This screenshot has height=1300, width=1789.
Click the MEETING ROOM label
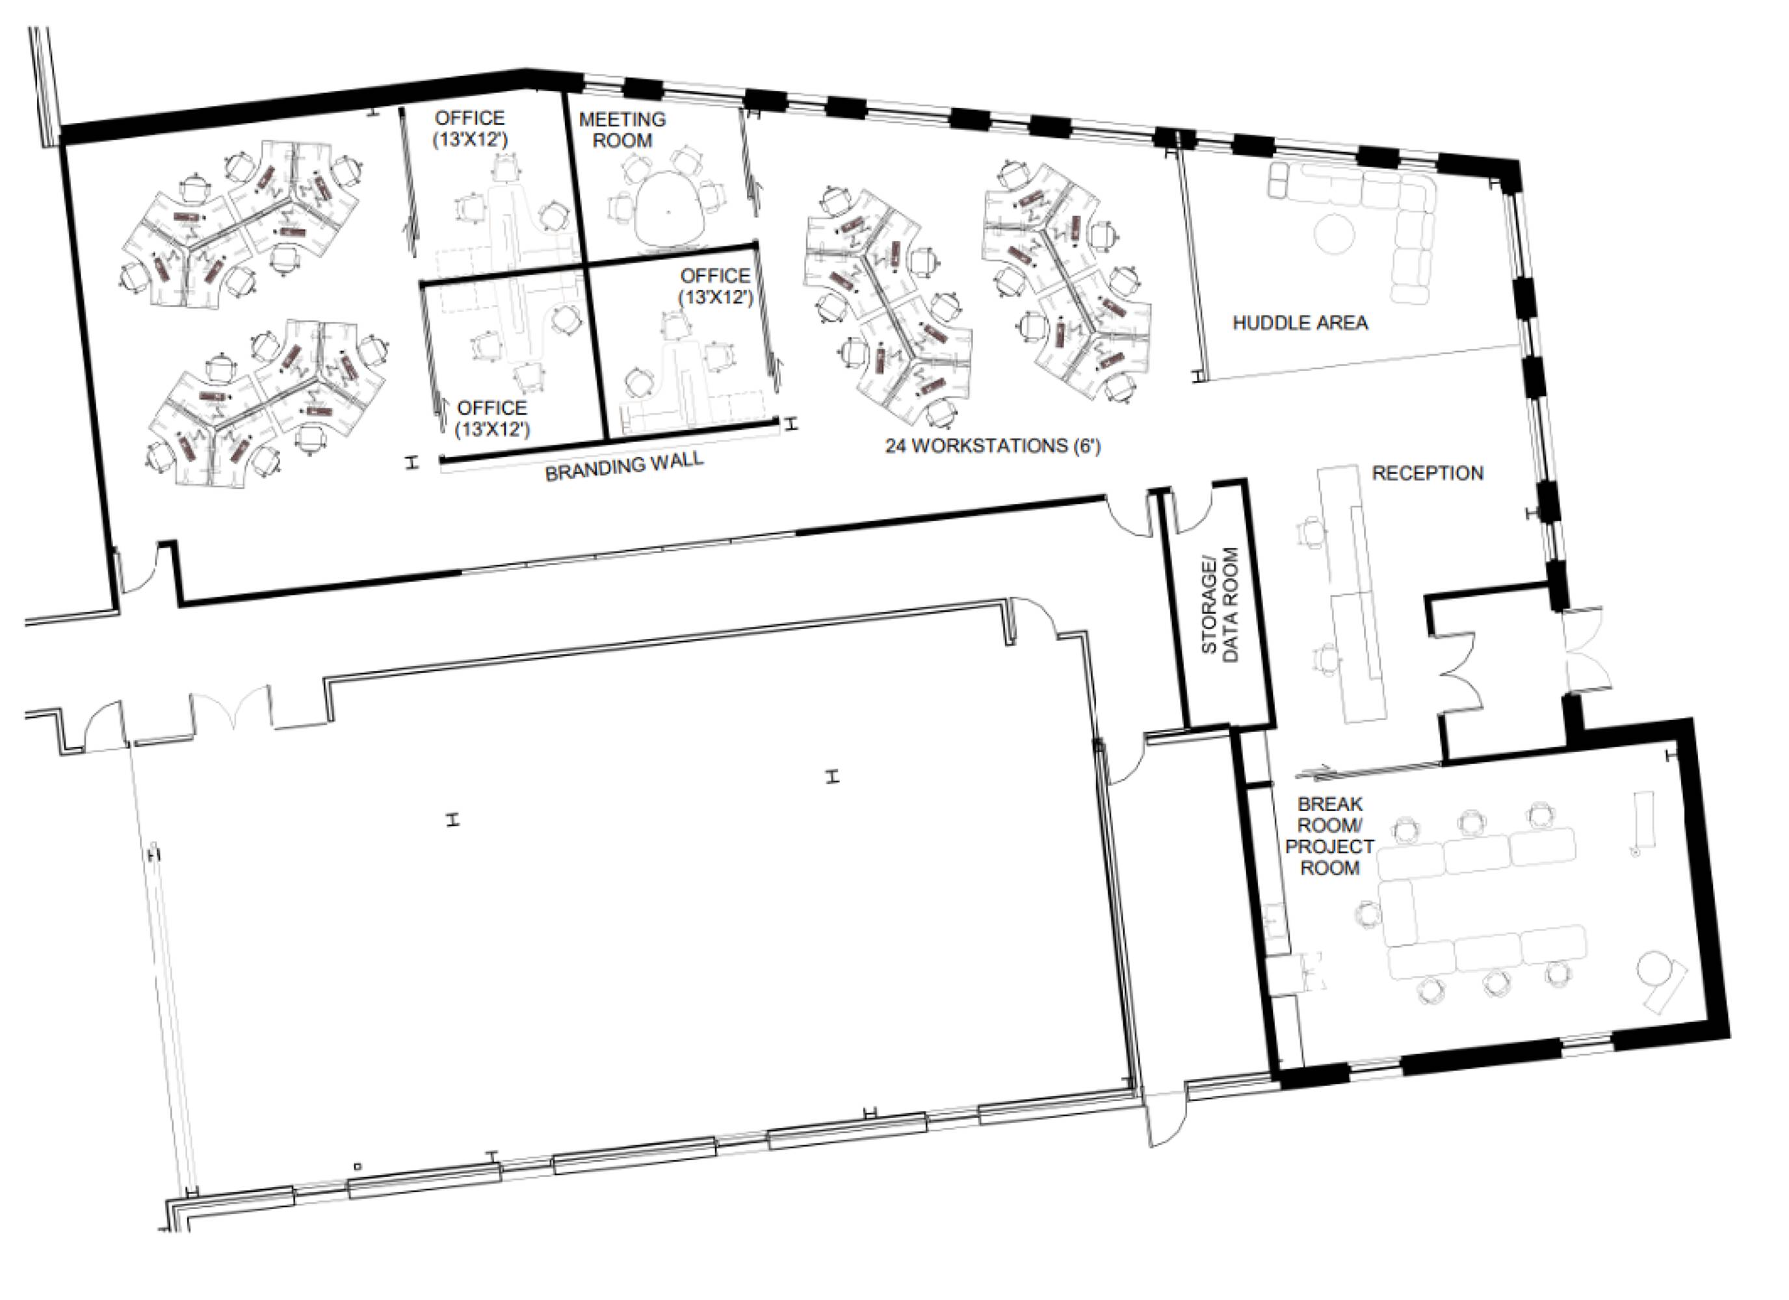coord(622,130)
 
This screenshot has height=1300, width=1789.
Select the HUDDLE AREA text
coord(1300,322)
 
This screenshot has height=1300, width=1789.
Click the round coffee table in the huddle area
coord(1334,233)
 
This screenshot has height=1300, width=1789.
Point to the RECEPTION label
coord(1428,473)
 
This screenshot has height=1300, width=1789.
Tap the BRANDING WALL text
coord(624,466)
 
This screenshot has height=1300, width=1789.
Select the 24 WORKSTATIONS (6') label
coord(992,446)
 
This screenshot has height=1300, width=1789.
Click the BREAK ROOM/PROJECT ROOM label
coord(1330,836)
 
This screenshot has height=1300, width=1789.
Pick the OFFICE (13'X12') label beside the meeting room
coord(469,129)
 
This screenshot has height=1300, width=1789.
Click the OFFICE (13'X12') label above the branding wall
coord(492,418)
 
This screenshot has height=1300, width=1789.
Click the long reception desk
coord(1352,591)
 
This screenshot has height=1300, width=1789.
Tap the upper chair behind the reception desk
coord(1311,532)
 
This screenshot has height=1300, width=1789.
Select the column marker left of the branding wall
coord(410,462)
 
